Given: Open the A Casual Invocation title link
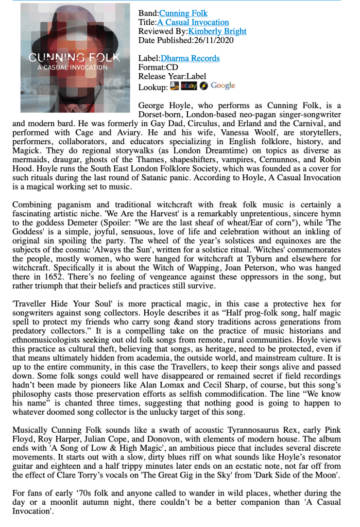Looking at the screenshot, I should (193, 22).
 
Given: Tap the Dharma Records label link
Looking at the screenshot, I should (190, 58).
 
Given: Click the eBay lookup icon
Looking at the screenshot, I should (189, 86).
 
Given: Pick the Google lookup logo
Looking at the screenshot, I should (217, 86).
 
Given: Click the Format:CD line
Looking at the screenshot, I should (158, 67).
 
